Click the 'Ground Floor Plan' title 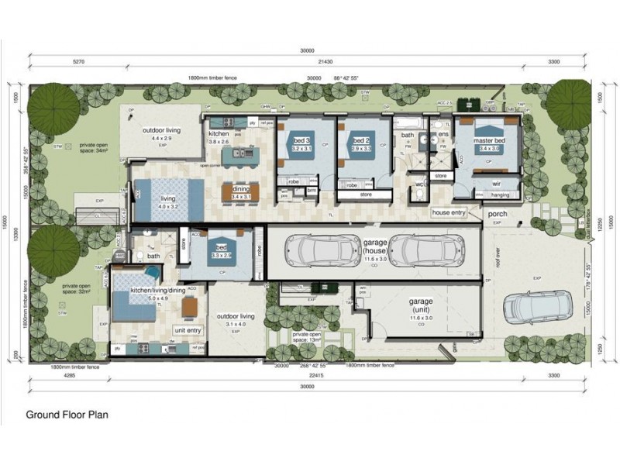click(67, 415)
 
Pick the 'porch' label click(497, 215)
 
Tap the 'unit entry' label click(188, 330)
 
